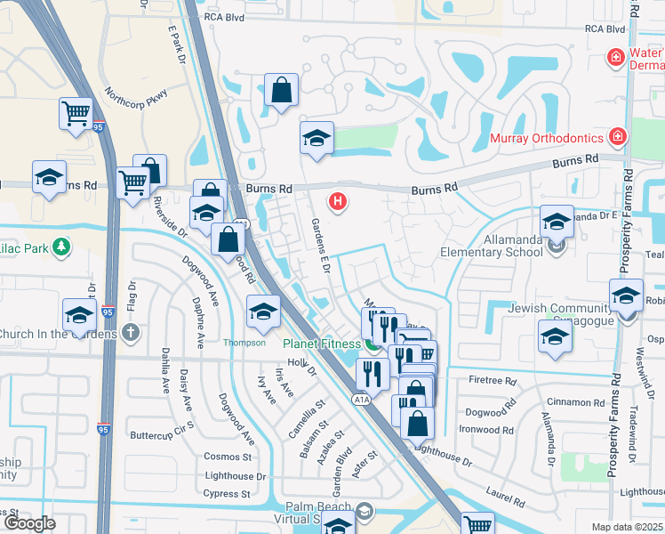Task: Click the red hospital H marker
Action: [x=337, y=202]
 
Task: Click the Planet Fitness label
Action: [x=321, y=344]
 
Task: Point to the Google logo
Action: [x=29, y=523]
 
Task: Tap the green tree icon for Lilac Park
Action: [x=60, y=246]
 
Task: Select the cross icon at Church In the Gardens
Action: [x=131, y=333]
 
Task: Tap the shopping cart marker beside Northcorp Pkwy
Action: [x=76, y=113]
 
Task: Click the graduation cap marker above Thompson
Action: [x=263, y=311]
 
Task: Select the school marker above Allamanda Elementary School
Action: [x=557, y=221]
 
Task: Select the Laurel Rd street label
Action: [x=505, y=492]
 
